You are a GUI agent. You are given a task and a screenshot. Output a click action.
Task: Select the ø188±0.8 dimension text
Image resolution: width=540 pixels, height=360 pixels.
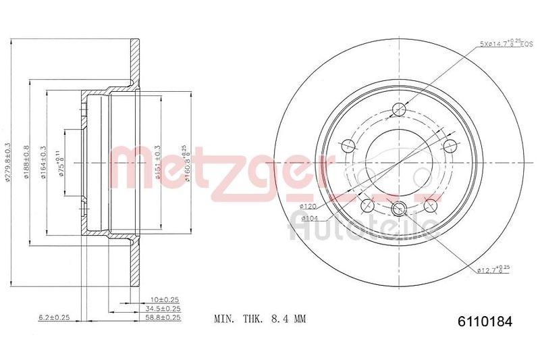pyautogui.click(x=27, y=162)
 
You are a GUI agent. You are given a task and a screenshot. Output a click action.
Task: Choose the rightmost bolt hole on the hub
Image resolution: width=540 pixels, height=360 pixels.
pyautogui.click(x=450, y=146)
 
